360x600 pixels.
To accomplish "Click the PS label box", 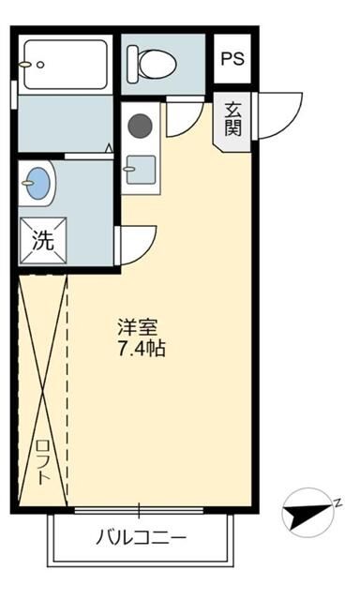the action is pos(232,58).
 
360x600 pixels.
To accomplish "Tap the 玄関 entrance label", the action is pos(233,119).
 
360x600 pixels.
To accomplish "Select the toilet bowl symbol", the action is pos(152,63).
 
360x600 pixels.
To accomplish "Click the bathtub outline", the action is pos(66,65).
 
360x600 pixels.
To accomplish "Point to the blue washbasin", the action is pos(37,183).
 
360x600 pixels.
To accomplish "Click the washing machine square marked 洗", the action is pos(43,241).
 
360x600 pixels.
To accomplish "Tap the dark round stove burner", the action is pos(140,126).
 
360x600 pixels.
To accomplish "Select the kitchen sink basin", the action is pos(142,170).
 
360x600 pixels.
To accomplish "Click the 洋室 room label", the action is pos(138,327).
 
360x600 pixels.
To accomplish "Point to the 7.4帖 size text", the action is pos(142,349).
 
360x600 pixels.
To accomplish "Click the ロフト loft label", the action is pos(42,462).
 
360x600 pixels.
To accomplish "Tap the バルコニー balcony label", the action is pos(142,537).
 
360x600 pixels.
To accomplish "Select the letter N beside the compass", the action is pos(337,502).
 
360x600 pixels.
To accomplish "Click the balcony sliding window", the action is pos(139,510).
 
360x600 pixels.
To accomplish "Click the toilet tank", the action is pos(132,63).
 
